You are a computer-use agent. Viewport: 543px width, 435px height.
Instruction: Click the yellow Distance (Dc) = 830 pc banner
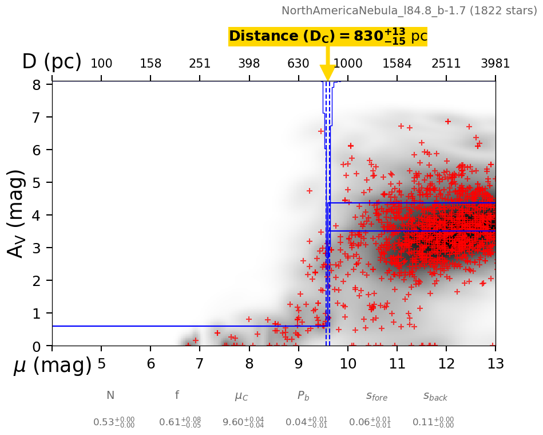tap(328, 37)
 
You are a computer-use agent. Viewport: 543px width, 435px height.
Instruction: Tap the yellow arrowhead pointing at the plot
tap(327, 73)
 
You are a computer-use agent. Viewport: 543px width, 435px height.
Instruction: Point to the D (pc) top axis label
tap(51, 62)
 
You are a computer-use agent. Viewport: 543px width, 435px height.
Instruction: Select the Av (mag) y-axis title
tap(17, 213)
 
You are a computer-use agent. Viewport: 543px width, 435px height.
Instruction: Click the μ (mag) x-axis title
tap(52, 365)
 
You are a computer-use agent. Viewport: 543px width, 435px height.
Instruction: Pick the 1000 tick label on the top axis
tap(348, 63)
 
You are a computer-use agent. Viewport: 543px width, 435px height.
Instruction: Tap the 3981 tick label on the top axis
tap(495, 63)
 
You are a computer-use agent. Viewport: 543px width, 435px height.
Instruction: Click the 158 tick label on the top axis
tap(150, 63)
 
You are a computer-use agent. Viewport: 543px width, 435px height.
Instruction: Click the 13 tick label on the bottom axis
tap(495, 363)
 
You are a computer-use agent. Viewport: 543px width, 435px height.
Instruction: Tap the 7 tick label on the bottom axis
tap(200, 363)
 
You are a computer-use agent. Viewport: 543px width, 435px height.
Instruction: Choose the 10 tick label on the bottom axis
tap(347, 363)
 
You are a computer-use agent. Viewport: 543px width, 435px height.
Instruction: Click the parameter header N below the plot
tap(110, 395)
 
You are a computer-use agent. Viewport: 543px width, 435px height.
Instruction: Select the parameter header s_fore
tap(376, 396)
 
